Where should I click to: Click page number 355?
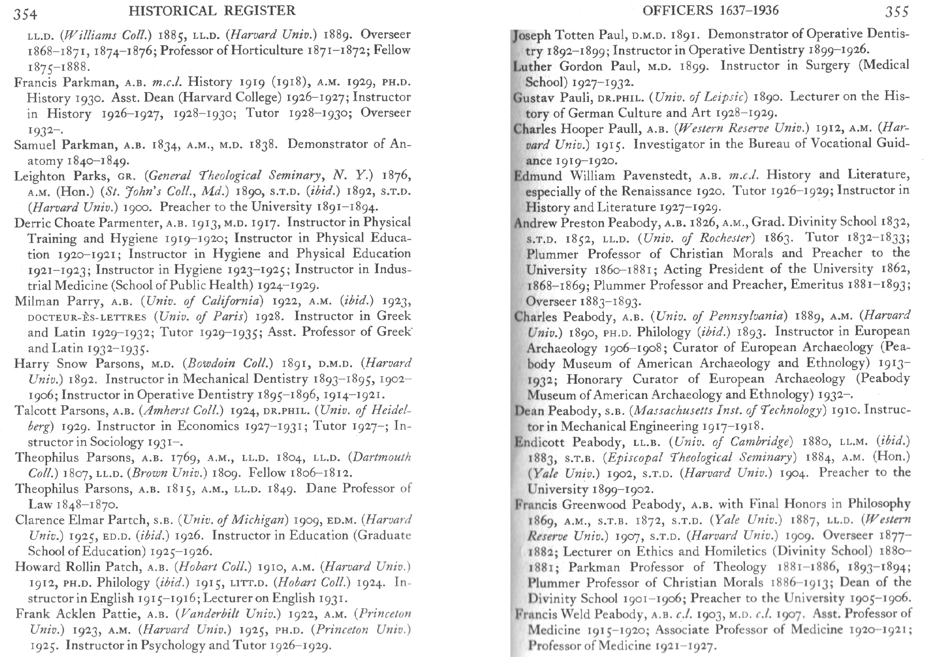tap(897, 11)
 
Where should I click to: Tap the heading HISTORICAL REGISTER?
tap(212, 10)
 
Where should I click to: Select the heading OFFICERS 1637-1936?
tap(710, 10)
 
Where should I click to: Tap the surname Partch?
tap(131, 520)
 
